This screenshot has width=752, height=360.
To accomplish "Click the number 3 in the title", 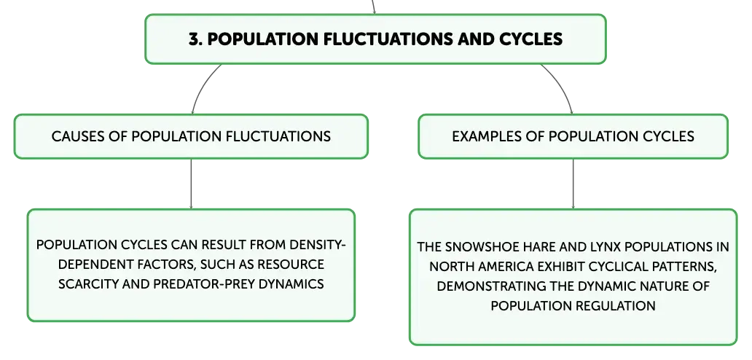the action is click(194, 39).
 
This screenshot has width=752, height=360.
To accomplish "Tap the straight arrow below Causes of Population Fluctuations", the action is click(191, 184).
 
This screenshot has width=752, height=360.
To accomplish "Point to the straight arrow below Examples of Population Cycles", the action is click(573, 184).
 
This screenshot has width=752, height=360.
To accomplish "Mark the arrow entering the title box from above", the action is click(373, 7).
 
